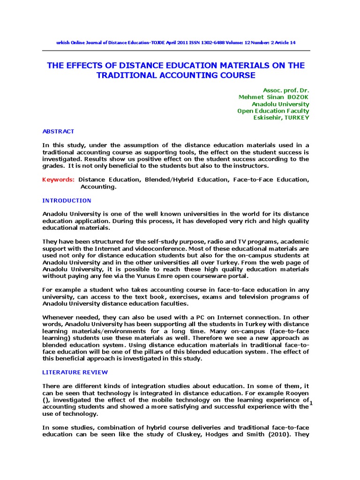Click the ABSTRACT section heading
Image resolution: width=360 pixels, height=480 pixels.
58,131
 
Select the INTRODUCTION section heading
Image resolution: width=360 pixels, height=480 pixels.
67,201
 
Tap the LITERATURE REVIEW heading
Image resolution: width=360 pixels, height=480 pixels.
75,372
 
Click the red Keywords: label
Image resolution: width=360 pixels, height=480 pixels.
58,180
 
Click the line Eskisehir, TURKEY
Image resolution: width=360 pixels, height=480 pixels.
281,118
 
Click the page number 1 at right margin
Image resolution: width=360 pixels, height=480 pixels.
311,404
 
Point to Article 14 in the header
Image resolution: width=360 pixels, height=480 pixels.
285,43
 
